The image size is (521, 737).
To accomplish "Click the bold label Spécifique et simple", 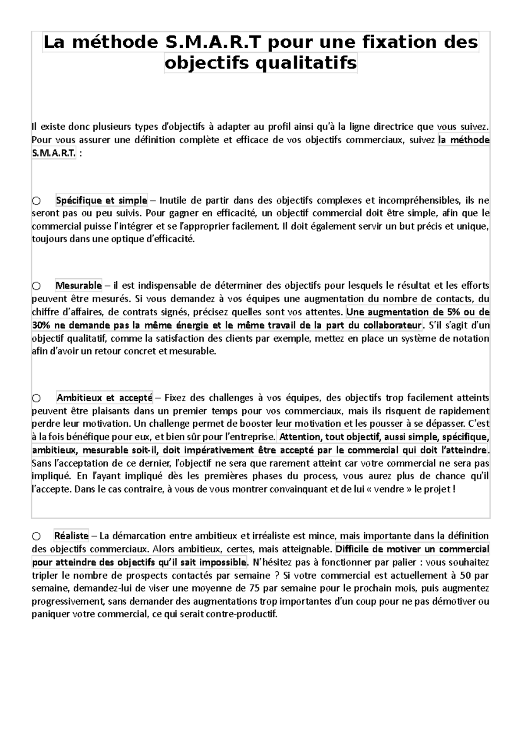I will coord(102,201).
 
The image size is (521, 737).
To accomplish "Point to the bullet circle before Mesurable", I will coord(36,286).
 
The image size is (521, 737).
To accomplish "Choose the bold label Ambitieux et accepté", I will coord(105,398).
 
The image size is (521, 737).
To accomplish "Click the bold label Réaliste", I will coord(71,536).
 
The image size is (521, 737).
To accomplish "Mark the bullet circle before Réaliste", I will coord(36,536).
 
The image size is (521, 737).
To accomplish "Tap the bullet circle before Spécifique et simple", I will coord(36,201).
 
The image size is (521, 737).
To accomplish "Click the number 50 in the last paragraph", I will coord(467,576).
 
